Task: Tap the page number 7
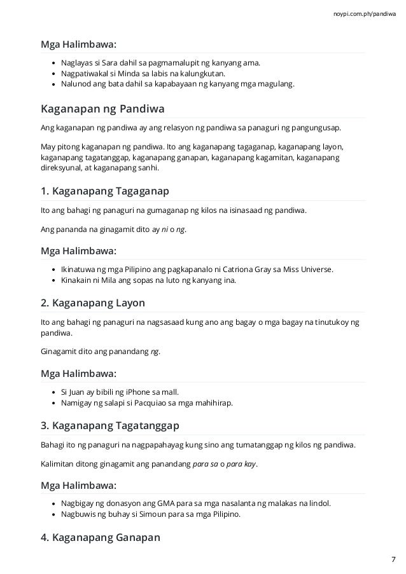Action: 393,559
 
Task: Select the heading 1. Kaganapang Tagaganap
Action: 104,191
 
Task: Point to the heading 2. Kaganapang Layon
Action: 92,303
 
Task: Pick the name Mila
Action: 113,279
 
